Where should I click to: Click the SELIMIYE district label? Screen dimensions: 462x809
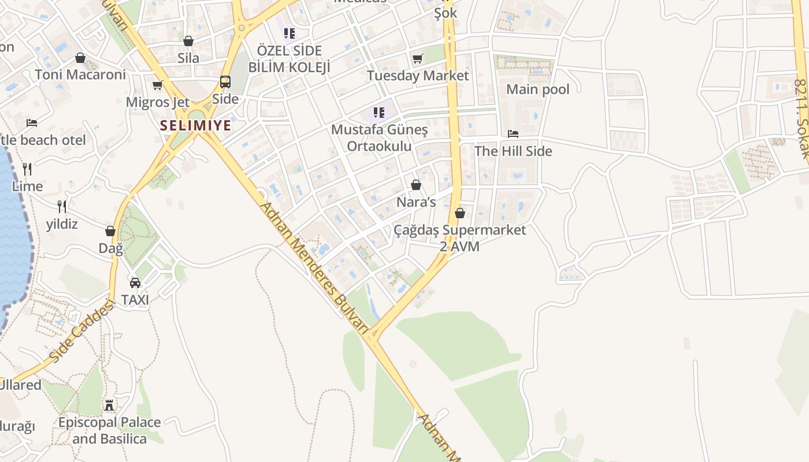click(x=195, y=125)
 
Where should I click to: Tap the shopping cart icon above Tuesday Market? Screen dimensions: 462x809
click(x=418, y=58)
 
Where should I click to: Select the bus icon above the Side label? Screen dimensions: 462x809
click(x=225, y=82)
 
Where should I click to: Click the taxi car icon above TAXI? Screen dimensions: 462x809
click(x=135, y=283)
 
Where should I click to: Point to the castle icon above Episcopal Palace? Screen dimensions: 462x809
click(x=110, y=405)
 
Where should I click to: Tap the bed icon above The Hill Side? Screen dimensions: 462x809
click(x=513, y=134)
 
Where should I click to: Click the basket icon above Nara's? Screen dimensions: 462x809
click(x=415, y=185)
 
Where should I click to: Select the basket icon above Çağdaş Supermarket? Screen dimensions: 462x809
click(x=460, y=213)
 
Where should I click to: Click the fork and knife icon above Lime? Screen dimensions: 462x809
click(x=27, y=169)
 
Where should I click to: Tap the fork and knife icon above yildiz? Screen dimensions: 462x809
click(x=62, y=207)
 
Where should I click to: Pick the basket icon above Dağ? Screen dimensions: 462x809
click(x=110, y=231)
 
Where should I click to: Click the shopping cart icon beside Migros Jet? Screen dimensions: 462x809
click(x=157, y=85)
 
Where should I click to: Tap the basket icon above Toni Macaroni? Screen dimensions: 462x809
click(x=80, y=58)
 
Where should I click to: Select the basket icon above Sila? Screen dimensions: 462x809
click(x=188, y=41)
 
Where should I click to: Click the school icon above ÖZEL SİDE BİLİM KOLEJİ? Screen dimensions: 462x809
click(x=290, y=33)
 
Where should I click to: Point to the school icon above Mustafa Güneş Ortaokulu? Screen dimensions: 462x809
click(x=379, y=112)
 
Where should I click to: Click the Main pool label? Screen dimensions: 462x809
click(x=537, y=90)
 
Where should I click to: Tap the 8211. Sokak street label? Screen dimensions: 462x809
click(x=800, y=118)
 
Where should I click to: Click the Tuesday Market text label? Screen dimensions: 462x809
click(x=418, y=76)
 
